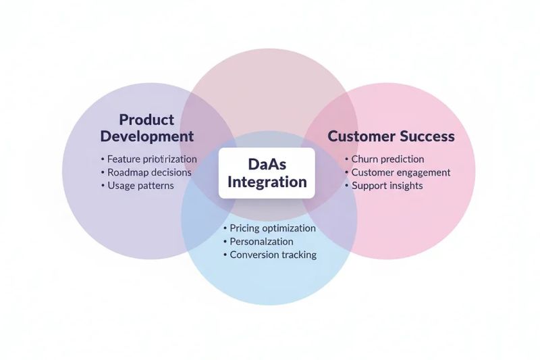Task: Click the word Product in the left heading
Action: click(146, 120)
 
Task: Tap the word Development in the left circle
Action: click(146, 136)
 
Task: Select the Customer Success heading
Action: click(391, 136)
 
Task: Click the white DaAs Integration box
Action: click(267, 173)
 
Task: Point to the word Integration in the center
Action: click(267, 182)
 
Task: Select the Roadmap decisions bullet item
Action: click(149, 172)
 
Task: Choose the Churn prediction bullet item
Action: click(387, 159)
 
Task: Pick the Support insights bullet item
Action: click(387, 186)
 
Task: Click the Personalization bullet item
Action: click(261, 241)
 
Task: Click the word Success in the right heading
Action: click(427, 136)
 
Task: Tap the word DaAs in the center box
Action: click(267, 164)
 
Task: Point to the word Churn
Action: click(366, 159)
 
